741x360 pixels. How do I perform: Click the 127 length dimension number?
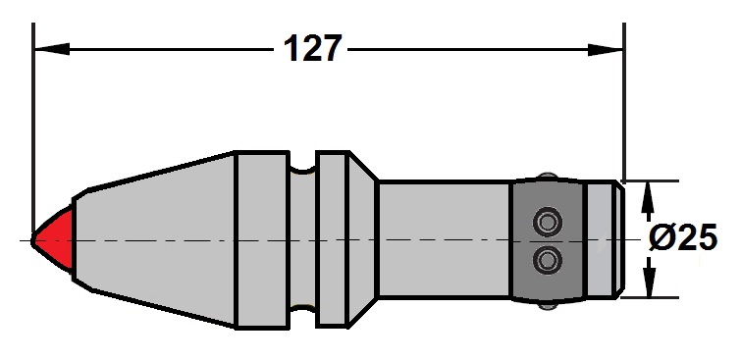(x=312, y=48)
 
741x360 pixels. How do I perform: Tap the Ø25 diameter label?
(x=683, y=236)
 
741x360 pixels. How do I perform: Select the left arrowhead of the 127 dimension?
(x=52, y=49)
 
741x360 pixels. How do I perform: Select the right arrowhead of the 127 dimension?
(x=606, y=49)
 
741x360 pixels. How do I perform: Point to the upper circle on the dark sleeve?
(x=548, y=222)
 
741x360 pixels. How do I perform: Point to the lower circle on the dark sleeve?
(x=548, y=260)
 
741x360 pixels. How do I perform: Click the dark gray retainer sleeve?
(x=549, y=240)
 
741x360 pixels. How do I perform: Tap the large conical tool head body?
(x=153, y=240)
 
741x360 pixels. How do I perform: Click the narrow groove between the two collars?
(x=302, y=240)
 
